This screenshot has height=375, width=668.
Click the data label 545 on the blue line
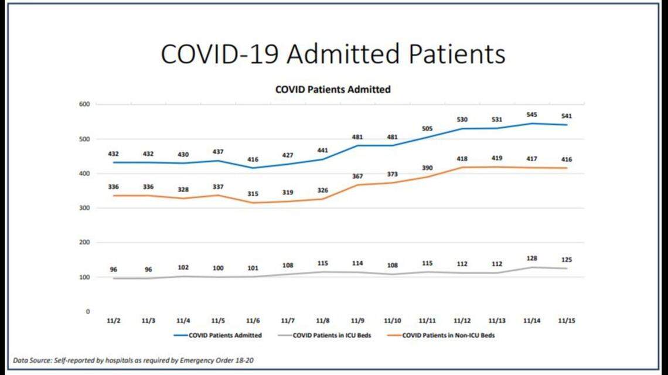[532, 115]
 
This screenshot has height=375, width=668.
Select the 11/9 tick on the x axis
[357, 321]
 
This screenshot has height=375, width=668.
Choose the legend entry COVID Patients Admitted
[217, 336]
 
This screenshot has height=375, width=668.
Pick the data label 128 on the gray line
[532, 258]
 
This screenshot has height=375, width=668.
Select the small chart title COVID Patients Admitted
[333, 90]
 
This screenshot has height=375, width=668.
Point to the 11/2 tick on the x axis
[114, 321]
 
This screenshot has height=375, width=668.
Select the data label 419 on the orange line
[497, 158]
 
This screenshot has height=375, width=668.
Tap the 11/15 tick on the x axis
[567, 321]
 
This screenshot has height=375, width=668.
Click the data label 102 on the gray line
[183, 267]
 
